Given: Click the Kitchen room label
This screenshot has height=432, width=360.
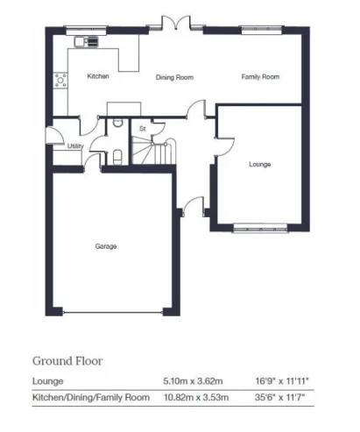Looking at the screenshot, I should pos(97,77).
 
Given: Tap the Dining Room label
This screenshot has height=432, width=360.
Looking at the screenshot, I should pos(174,78).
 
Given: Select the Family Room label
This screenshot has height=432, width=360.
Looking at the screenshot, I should pos(260,77).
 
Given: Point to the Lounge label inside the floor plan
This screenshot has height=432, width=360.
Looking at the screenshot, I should pos(259,164).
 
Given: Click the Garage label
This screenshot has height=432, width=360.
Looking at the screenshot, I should pos(106,246).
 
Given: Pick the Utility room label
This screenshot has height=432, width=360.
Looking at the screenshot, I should pos(75,146).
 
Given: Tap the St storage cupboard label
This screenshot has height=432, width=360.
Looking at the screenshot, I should pos(141,129).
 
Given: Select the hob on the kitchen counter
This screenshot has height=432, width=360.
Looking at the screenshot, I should pos(61,81).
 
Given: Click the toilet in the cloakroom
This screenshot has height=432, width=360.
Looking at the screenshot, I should pos(117,158).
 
